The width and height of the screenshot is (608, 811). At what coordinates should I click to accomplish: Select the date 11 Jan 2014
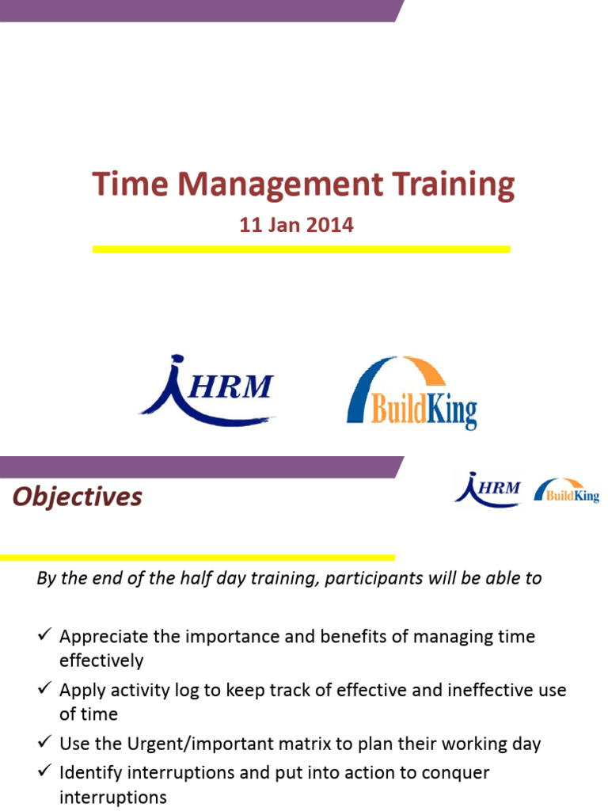click(x=296, y=225)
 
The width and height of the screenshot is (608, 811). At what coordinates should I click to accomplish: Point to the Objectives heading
click(x=78, y=497)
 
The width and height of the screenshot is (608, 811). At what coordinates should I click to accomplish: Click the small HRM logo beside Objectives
click(x=488, y=489)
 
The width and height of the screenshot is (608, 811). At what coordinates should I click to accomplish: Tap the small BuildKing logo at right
click(x=567, y=491)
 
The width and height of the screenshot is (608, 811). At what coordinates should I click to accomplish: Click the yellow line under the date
click(x=302, y=249)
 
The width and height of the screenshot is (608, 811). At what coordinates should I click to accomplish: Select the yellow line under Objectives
click(x=197, y=558)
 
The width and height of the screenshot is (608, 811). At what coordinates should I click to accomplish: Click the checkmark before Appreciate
click(x=44, y=635)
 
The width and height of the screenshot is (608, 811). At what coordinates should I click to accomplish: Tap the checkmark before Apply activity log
click(x=44, y=689)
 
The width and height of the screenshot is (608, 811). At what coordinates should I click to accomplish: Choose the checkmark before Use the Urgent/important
click(x=44, y=743)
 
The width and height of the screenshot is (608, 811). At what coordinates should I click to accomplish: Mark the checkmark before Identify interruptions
click(x=44, y=770)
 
